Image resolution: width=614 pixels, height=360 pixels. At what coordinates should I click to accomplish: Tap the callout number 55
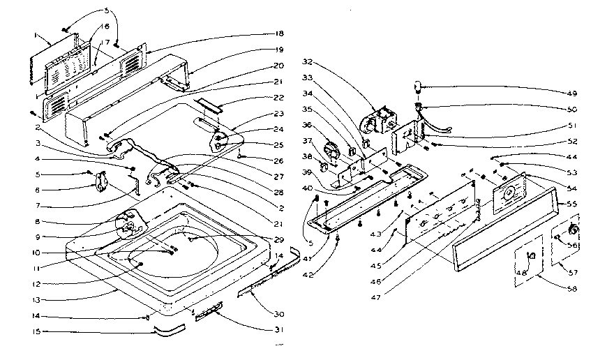(x=572, y=203)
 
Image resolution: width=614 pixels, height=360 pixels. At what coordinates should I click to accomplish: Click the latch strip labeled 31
(x=205, y=315)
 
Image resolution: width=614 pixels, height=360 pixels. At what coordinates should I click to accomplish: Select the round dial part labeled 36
(x=335, y=150)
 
